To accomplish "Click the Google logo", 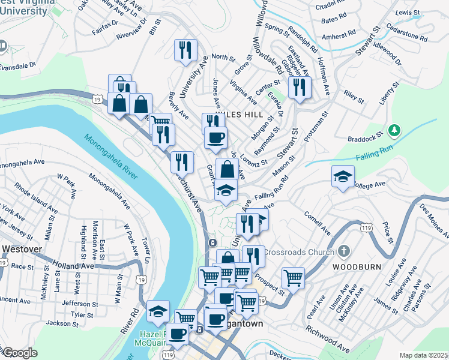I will coord(19,353).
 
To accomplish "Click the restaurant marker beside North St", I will coord(185,50).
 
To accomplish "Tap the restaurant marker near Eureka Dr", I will coord(298,87).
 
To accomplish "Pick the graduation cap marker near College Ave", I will coord(343,176).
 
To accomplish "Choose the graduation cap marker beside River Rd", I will coord(157,311).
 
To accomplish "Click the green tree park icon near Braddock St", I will coord(394,130).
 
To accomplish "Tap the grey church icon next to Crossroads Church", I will coord(343,250).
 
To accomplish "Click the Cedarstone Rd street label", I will coord(408,35).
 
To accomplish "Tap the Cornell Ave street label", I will coord(317,223).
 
